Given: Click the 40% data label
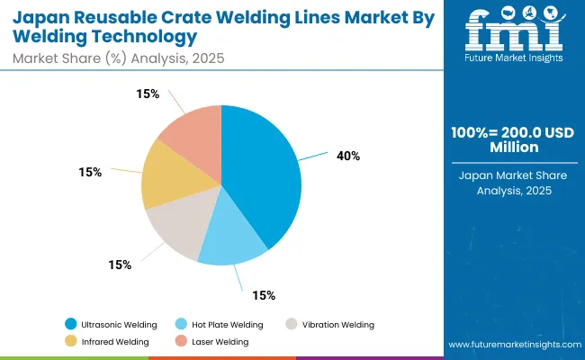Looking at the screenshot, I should tap(348, 156).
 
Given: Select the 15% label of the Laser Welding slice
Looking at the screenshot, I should tap(148, 94).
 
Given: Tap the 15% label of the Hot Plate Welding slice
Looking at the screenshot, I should tap(264, 295).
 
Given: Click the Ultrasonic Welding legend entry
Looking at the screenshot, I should tap(113, 324).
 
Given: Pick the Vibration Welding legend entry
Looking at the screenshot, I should tap(334, 324).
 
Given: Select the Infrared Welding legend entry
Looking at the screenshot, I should tap(110, 341).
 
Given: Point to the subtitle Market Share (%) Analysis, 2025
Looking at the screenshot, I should tap(116, 58).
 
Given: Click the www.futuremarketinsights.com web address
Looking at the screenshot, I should tap(512, 345).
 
